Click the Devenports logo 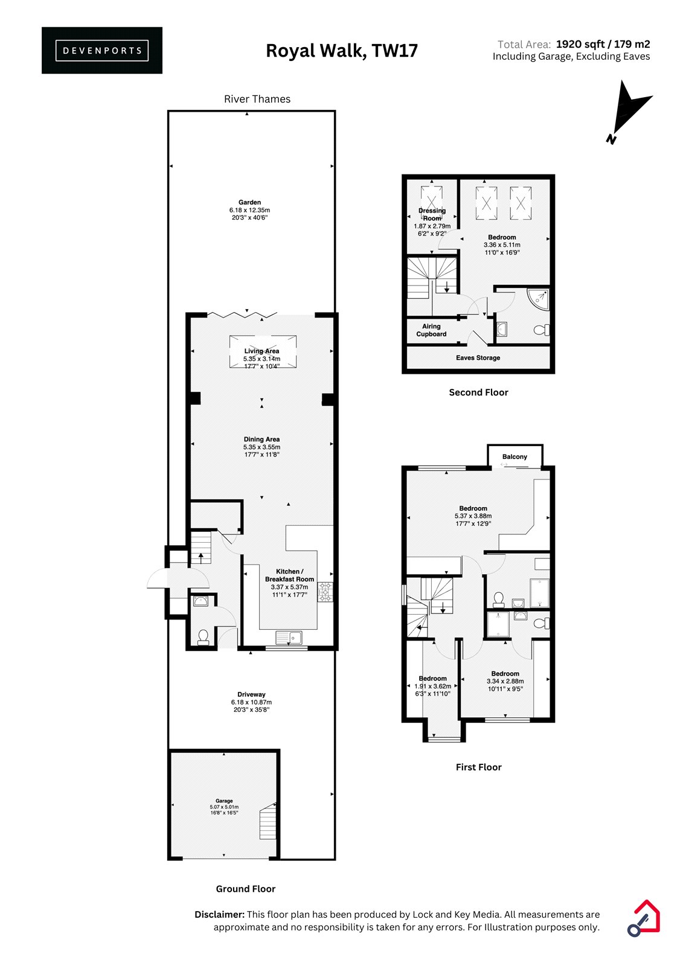(x=102, y=51)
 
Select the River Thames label (x=257, y=99)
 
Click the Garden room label (x=250, y=202)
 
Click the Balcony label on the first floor (x=515, y=456)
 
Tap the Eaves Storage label (x=478, y=357)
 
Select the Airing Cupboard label (x=431, y=330)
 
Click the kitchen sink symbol (x=289, y=638)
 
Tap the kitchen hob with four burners (x=325, y=592)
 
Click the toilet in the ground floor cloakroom (x=203, y=638)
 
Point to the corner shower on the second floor (x=539, y=299)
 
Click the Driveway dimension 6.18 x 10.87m (x=252, y=702)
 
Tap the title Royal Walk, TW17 (x=342, y=51)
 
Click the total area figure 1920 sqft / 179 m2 (x=603, y=44)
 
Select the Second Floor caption (x=478, y=392)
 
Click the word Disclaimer (x=220, y=915)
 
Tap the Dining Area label (x=262, y=440)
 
